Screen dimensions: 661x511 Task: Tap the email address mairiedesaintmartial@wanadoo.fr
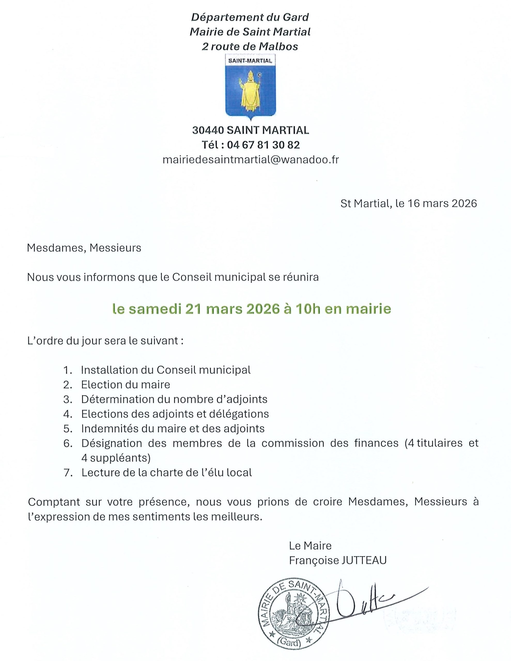[x=251, y=160]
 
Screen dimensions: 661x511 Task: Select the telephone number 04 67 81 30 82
[x=263, y=145]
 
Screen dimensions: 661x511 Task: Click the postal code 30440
[x=208, y=130]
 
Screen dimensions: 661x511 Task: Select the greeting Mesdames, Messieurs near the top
[x=84, y=248]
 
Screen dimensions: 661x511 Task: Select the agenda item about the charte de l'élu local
[x=167, y=473]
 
